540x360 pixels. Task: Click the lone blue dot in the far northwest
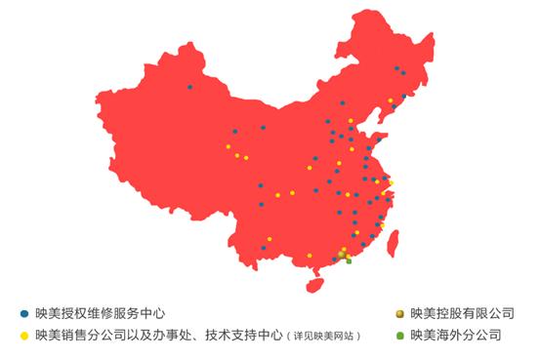click(189, 87)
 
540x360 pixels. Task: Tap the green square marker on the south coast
click(349, 260)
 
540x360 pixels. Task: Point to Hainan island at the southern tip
click(314, 285)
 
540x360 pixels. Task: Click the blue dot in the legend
click(23, 314)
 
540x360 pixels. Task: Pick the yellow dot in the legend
click(23, 336)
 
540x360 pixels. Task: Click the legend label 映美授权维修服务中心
click(100, 314)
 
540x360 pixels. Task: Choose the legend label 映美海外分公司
click(456, 336)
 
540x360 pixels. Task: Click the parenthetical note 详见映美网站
click(323, 337)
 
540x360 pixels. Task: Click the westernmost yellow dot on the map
click(228, 146)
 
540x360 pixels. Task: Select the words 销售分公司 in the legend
click(81, 336)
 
